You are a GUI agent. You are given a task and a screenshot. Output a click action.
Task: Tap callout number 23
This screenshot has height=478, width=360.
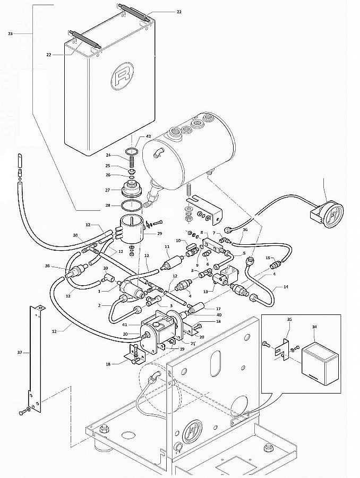coord(11,33)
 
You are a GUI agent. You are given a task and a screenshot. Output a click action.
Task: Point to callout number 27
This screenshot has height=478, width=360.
coord(108,190)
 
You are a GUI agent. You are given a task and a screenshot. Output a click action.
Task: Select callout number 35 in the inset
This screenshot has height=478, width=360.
coord(289,320)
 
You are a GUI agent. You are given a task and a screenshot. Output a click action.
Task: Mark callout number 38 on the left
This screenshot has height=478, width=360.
coord(75,235)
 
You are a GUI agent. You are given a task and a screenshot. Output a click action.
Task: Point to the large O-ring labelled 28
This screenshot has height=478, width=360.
coord(132,204)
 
